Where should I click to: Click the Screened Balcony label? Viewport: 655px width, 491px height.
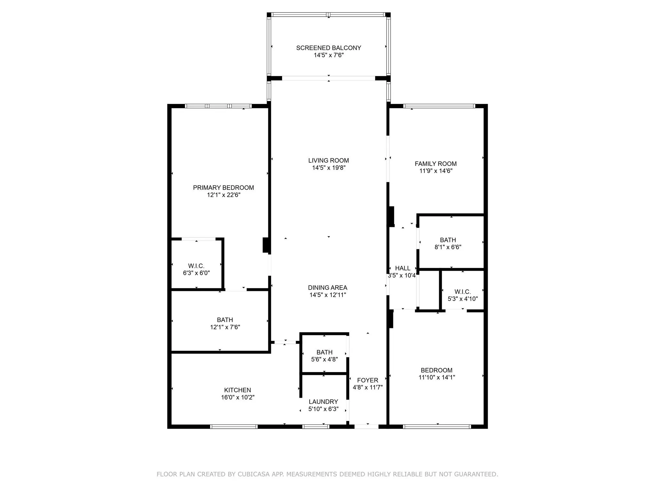[x=328, y=48]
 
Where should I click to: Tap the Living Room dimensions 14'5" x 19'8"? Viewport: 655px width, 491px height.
[x=329, y=168]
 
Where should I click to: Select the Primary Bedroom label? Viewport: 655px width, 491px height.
[x=223, y=188]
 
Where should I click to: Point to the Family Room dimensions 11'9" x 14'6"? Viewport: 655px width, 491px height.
[x=436, y=171]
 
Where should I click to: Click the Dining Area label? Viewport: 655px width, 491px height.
[x=327, y=288]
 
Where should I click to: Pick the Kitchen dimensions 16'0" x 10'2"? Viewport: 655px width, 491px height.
[x=238, y=397]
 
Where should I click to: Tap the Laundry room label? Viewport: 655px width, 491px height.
[x=323, y=402]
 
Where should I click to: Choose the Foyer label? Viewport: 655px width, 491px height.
[x=367, y=380]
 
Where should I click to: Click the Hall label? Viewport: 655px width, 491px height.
[x=402, y=268]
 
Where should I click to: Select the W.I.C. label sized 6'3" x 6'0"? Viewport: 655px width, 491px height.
[x=196, y=266]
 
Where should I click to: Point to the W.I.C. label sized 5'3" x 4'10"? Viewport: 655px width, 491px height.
[x=462, y=292]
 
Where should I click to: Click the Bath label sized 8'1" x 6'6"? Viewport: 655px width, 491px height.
[x=448, y=240]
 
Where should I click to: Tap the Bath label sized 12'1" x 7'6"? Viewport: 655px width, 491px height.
[x=225, y=320]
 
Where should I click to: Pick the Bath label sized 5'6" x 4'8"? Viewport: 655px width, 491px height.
[x=324, y=352]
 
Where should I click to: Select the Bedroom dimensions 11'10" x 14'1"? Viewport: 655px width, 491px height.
[x=437, y=377]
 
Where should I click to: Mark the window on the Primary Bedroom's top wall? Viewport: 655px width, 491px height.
[x=218, y=106]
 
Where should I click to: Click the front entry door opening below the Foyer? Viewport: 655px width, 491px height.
[x=367, y=426]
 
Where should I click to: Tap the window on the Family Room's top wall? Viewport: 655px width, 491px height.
[x=439, y=106]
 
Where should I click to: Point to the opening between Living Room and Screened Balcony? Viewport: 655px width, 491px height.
[x=328, y=78]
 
